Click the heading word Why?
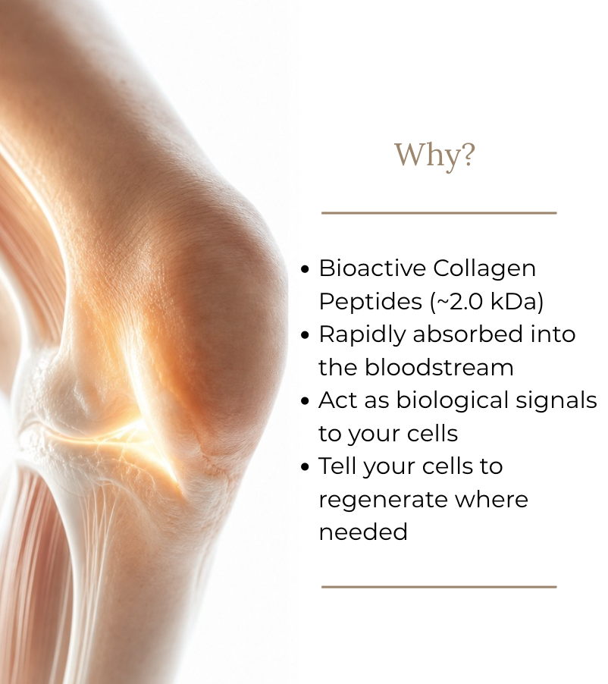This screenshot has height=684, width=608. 434,155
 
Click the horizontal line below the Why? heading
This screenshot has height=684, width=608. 439,213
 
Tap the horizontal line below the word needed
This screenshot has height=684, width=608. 439,587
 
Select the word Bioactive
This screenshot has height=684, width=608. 372,268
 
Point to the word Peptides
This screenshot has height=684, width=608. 371,303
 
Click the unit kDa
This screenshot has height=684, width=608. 515,301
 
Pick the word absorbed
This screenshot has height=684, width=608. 468,334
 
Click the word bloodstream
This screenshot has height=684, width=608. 439,367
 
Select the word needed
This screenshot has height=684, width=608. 363,532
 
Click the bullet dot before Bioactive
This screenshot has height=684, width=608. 306,268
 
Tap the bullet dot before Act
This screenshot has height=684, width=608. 306,401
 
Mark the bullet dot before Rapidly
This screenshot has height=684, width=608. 306,335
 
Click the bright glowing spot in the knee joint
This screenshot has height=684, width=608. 131,436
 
